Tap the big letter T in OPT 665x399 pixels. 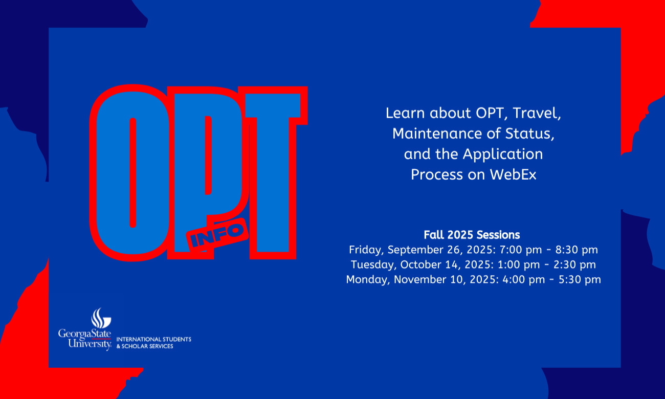pos(273,173)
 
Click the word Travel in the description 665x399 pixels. pos(537,114)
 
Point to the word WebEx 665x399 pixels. pos(513,174)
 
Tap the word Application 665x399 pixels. pos(503,154)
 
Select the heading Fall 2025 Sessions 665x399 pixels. pos(472,235)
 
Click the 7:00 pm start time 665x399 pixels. pos(521,250)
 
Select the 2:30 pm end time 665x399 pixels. pos(574,265)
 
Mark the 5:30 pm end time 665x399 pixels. pos(580,280)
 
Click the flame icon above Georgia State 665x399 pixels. pos(101,318)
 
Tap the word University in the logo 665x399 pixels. pos(90,344)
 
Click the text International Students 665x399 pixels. pos(154,339)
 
